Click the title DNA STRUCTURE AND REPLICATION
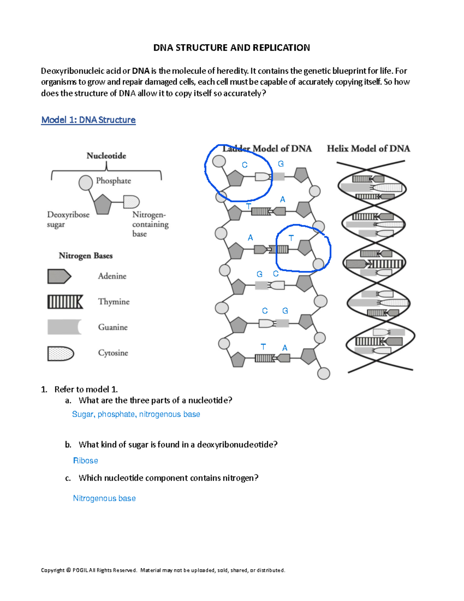pos(232,48)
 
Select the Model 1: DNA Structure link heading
pos(88,120)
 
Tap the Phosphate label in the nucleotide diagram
pos(113,181)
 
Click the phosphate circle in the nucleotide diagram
pos(85,183)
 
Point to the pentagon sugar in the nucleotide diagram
pos(102,204)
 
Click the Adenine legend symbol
pos(59,276)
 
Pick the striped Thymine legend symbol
pos(65,302)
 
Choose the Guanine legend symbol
pos(64,327)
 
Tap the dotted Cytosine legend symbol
pos(60,353)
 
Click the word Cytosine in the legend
pos(113,353)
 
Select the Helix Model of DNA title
pos(368,149)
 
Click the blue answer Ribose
pos(85,461)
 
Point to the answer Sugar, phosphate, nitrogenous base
pos(136,414)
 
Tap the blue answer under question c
pos(104,498)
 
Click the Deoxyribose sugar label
pos(68,219)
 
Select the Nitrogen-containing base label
pos(150,224)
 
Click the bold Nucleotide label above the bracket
pos(106,156)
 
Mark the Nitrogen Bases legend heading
pos(85,256)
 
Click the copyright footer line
pos(163,570)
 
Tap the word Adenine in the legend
pos(112,276)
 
